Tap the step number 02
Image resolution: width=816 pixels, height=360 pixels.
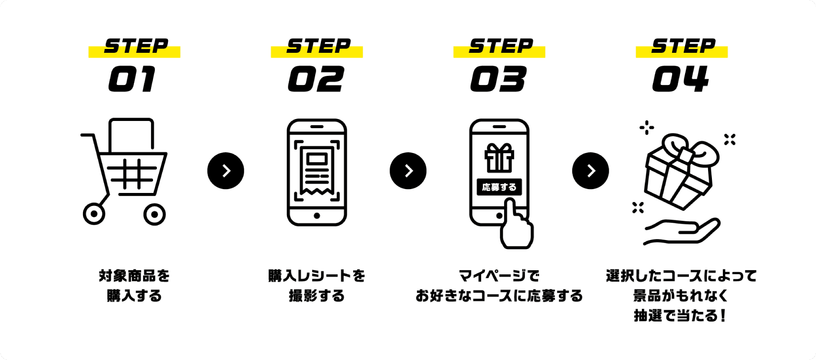316,79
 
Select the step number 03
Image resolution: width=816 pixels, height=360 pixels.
498,79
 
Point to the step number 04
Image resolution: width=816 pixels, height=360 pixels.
681,79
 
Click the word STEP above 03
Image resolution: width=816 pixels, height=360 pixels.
500,46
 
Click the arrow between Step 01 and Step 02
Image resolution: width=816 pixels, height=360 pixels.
226,171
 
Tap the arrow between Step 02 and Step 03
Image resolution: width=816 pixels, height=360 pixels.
408,171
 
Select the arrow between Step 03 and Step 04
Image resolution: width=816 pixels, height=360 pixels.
591,171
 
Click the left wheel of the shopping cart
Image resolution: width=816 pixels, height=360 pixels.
94,214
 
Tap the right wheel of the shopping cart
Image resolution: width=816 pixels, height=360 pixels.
154,214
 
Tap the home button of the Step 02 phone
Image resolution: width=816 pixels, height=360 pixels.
317,216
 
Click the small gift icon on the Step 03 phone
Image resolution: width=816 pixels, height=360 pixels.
499,158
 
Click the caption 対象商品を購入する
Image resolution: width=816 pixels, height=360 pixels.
134,286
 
